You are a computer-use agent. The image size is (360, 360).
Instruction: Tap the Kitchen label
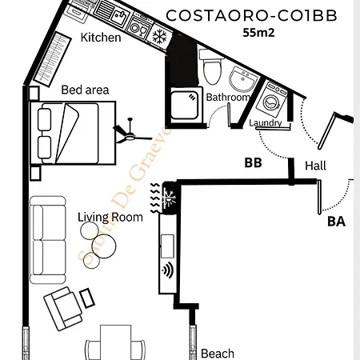pyautogui.click(x=102, y=38)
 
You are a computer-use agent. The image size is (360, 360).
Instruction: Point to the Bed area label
pyautogui.click(x=85, y=90)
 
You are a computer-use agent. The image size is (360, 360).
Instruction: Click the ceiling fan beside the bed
pyautogui.click(x=127, y=131)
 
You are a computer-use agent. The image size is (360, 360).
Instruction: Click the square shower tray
pyautogui.click(x=182, y=104)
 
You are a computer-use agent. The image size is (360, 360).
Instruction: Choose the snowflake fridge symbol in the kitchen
pyautogui.click(x=159, y=36)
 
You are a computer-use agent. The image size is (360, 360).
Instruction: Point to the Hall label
pyautogui.click(x=316, y=166)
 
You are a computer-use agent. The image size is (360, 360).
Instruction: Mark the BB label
pyautogui.click(x=253, y=163)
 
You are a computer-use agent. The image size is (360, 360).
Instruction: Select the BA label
pyautogui.click(x=336, y=222)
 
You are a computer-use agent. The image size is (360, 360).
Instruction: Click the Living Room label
pyautogui.click(x=110, y=217)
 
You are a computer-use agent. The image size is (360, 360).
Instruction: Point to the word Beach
pyautogui.click(x=218, y=353)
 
